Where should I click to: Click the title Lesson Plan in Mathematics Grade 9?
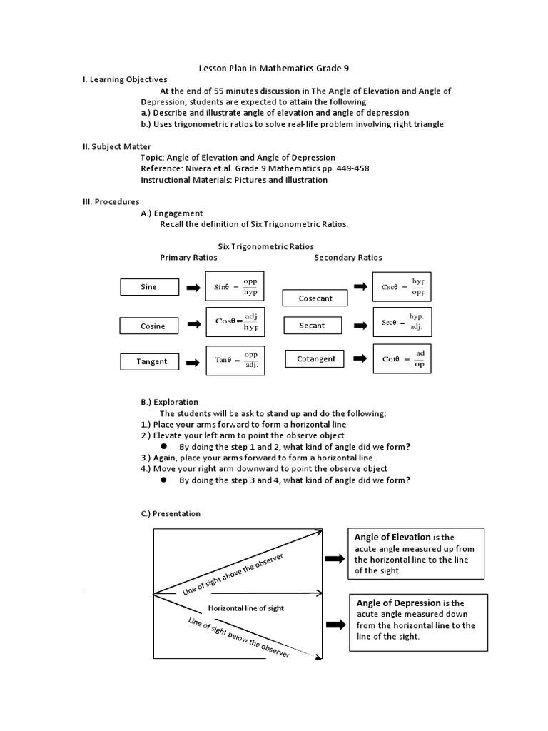273,68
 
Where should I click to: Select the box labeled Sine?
148,287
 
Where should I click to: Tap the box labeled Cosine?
153,326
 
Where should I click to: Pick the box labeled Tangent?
152,361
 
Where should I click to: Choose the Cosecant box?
315,298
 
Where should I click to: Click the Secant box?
313,326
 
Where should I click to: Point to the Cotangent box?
315,359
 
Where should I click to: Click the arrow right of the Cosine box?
193,325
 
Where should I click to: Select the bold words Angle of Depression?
398,603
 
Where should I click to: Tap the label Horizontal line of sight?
245,608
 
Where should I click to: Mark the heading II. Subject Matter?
117,147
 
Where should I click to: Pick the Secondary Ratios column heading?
347,258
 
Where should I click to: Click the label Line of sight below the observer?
238,637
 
